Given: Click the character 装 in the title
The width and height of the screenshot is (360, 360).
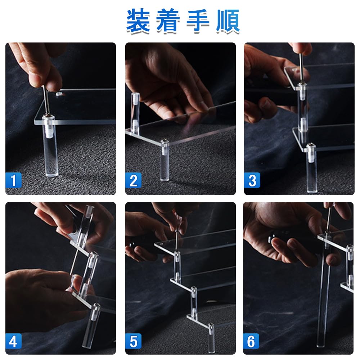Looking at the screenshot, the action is click(138, 21).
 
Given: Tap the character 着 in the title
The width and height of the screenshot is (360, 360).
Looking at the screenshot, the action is click(168, 21).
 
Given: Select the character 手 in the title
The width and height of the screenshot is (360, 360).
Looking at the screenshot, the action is click(198, 21).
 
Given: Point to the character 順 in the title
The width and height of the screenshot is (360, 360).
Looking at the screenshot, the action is click(228, 21).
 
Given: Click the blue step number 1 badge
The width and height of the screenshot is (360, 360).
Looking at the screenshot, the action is click(14, 180).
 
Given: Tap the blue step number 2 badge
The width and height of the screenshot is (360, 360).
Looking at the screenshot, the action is click(134, 180).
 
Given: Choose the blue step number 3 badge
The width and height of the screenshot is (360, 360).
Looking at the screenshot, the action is click(252, 180).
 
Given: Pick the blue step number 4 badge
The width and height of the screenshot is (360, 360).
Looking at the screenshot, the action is click(14, 341).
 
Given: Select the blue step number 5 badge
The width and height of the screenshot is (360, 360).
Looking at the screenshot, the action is click(134, 341).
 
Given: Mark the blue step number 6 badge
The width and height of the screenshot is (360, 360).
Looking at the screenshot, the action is click(251, 341).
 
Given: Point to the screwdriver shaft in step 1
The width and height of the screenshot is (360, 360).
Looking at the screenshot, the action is click(46, 100).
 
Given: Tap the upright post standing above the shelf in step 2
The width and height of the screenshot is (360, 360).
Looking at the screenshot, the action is click(135, 113).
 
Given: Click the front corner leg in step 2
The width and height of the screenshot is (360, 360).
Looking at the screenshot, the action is click(165, 161).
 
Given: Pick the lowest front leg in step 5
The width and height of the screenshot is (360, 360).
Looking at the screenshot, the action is click(211, 338).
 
